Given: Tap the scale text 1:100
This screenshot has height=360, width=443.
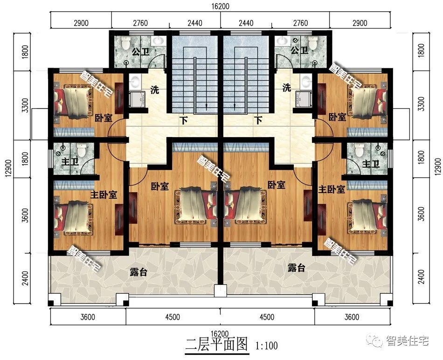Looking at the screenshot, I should pos(267,346).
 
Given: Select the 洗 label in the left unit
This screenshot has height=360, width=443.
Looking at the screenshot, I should pos(154,90).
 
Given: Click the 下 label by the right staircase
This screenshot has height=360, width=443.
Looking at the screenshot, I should pos(258,120).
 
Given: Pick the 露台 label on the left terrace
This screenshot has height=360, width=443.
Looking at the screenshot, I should pos(139,272).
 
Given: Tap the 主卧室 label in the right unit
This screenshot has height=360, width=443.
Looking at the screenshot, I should pos(332,190).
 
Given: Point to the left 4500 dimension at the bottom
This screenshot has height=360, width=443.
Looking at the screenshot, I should pos(172,318).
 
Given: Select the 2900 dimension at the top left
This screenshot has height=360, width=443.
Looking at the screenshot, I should pos(81,22).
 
